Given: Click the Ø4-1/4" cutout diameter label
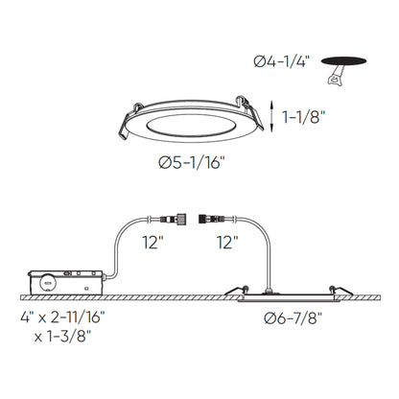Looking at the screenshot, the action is coord(282,61).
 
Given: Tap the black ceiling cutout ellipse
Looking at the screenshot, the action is coord(343,61).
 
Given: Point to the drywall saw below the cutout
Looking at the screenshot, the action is coord(336,76).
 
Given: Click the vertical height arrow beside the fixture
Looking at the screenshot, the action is coord(271,116).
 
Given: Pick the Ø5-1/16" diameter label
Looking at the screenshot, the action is coord(190,163).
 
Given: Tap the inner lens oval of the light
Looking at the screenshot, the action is coord(191,126).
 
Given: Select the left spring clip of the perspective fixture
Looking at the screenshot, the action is coord(129,122).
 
